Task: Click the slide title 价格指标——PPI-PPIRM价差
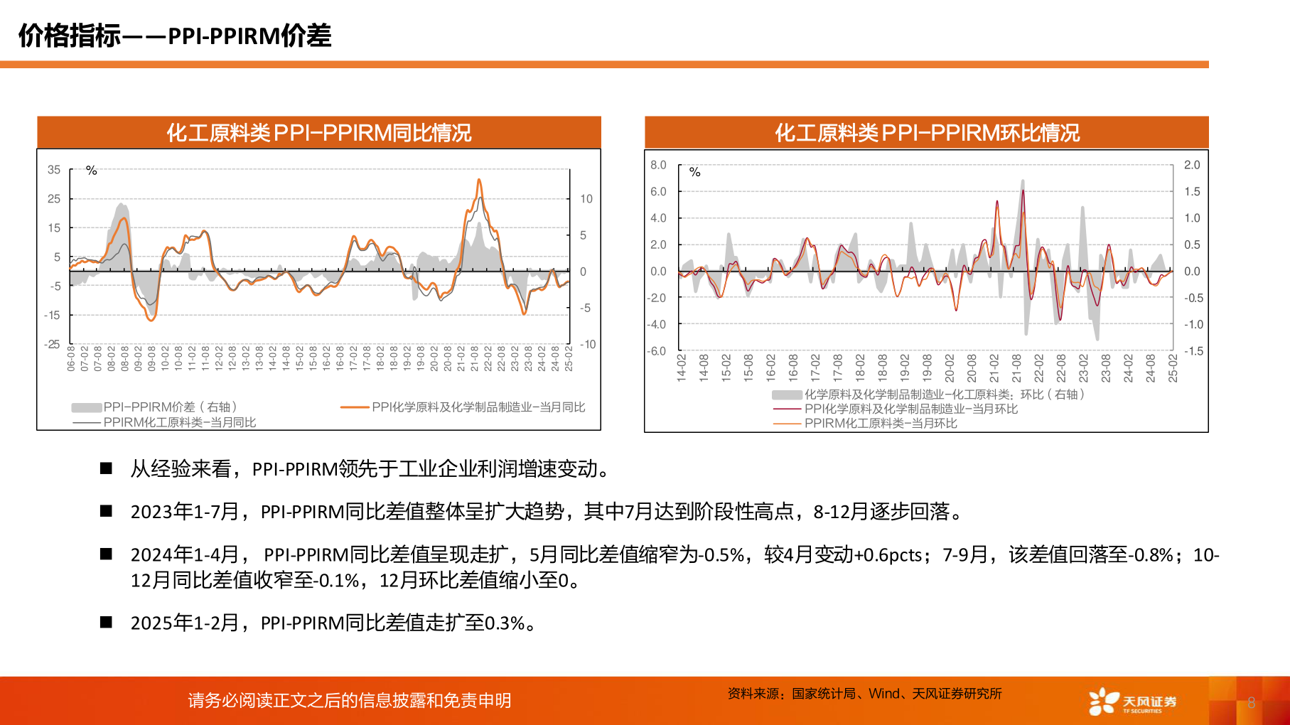(175, 36)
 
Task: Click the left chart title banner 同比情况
(319, 133)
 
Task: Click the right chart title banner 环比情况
(927, 133)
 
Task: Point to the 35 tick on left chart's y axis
(54, 170)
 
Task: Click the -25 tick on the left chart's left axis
(52, 344)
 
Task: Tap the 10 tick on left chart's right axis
(586, 199)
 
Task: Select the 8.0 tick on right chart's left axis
(658, 165)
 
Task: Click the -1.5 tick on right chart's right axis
(1193, 351)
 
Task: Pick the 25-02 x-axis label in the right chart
(1173, 368)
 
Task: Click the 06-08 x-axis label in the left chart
(71, 358)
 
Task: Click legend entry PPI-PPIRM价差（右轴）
(169, 407)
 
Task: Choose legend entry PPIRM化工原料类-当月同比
(179, 422)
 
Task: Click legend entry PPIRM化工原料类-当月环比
(880, 424)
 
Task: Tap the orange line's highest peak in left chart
(479, 181)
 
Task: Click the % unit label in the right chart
(694, 172)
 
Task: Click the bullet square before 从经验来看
(107, 468)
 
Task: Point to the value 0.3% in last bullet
(504, 623)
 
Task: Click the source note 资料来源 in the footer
(864, 694)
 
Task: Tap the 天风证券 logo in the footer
(1132, 701)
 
